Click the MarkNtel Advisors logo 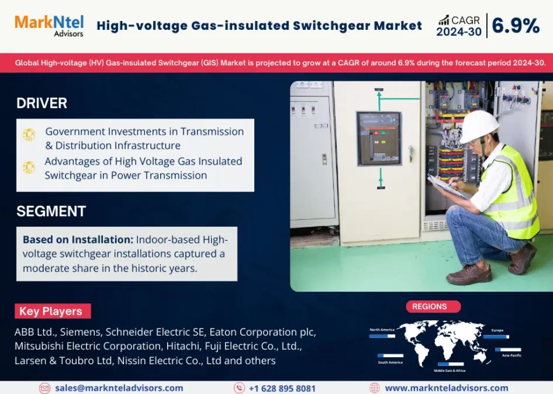click(49, 26)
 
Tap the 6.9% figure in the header click(515, 26)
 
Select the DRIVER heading click(42, 103)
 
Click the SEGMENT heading click(51, 212)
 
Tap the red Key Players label click(52, 311)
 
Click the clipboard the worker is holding click(447, 186)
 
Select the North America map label click(382, 330)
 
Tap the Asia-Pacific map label click(512, 355)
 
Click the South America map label click(390, 362)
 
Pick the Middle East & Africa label click(449, 370)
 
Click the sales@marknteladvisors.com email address click(119, 388)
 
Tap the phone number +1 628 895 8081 click(282, 388)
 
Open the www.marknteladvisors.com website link click(446, 388)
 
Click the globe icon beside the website click(374, 388)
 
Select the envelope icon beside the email click(44, 388)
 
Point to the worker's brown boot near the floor click(469, 274)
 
